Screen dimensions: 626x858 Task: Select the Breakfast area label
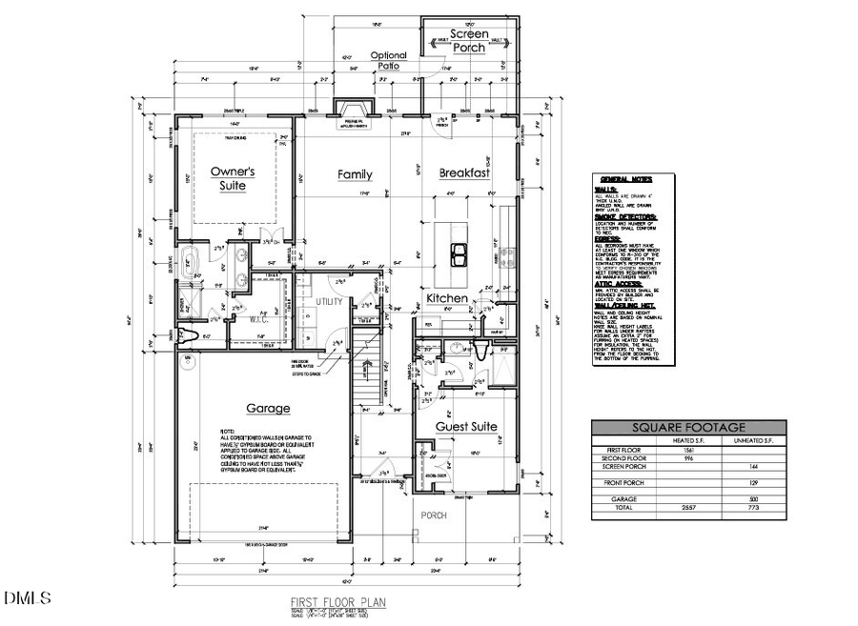pyautogui.click(x=464, y=173)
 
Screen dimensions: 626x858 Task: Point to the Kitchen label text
pyautogui.click(x=446, y=298)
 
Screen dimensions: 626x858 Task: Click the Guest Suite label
pyautogui.click(x=467, y=427)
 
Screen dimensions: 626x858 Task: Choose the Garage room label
pyautogui.click(x=268, y=409)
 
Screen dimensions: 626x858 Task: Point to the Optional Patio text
pyautogui.click(x=388, y=61)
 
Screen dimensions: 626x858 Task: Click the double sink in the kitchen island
pyautogui.click(x=458, y=251)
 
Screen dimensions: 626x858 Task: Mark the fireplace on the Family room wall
pyautogui.click(x=351, y=111)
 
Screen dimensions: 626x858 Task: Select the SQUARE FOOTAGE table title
pyautogui.click(x=689, y=428)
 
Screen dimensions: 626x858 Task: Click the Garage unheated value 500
pyautogui.click(x=755, y=498)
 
